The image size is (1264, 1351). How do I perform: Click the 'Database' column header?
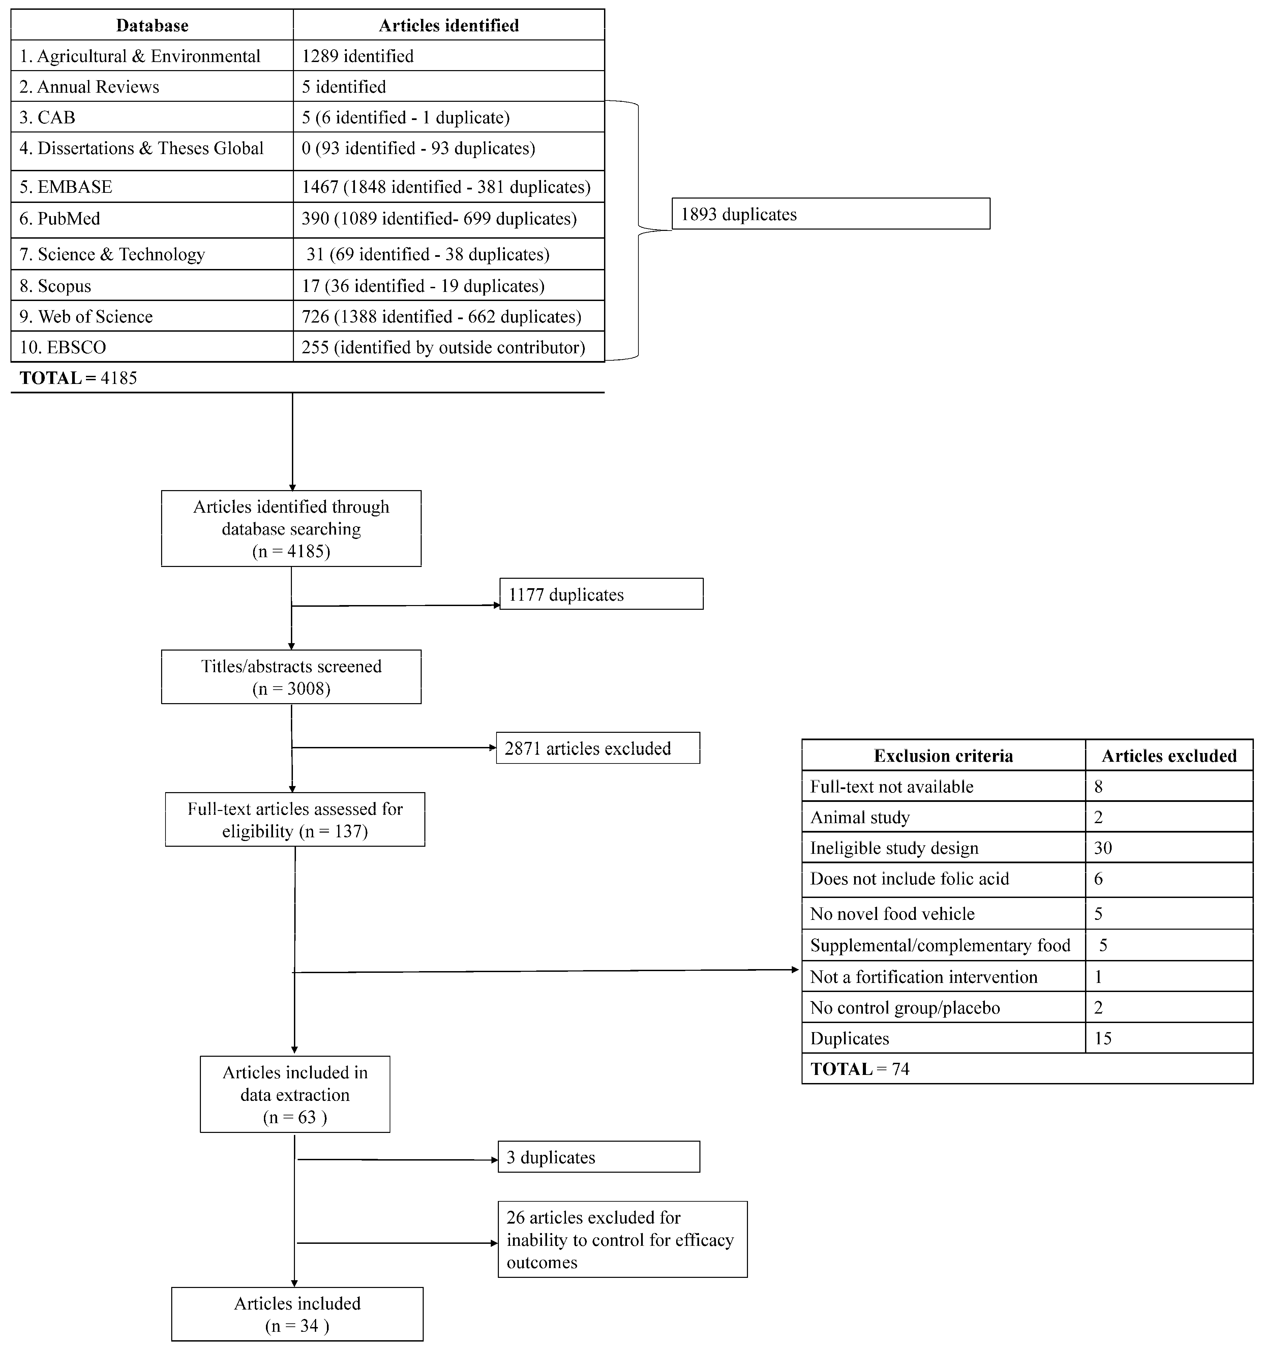152,25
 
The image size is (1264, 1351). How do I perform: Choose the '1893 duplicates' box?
831,214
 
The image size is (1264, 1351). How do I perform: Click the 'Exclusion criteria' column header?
943,756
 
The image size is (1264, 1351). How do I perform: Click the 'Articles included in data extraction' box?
295,1094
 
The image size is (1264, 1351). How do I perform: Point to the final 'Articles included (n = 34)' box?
297,1314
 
